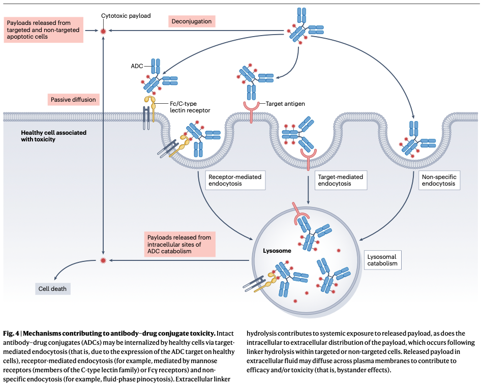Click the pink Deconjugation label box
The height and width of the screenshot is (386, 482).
point(191,21)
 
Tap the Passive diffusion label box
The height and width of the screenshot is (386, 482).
point(73,100)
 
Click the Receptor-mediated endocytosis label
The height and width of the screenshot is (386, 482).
point(235,180)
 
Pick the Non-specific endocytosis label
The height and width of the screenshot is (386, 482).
point(439,180)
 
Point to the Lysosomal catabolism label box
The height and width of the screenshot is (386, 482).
point(382,260)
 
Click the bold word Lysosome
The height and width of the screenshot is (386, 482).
point(277,251)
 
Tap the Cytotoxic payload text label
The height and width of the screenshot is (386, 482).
point(126,16)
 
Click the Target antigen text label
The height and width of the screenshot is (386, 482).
point(285,104)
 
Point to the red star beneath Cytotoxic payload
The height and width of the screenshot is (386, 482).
point(104,31)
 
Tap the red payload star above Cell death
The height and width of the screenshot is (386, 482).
point(104,261)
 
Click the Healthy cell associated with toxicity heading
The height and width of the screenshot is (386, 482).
point(53,136)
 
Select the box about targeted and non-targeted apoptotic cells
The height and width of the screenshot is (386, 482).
point(43,31)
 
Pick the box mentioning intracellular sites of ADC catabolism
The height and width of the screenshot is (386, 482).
point(179,245)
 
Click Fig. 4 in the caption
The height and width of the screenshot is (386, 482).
point(12,334)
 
